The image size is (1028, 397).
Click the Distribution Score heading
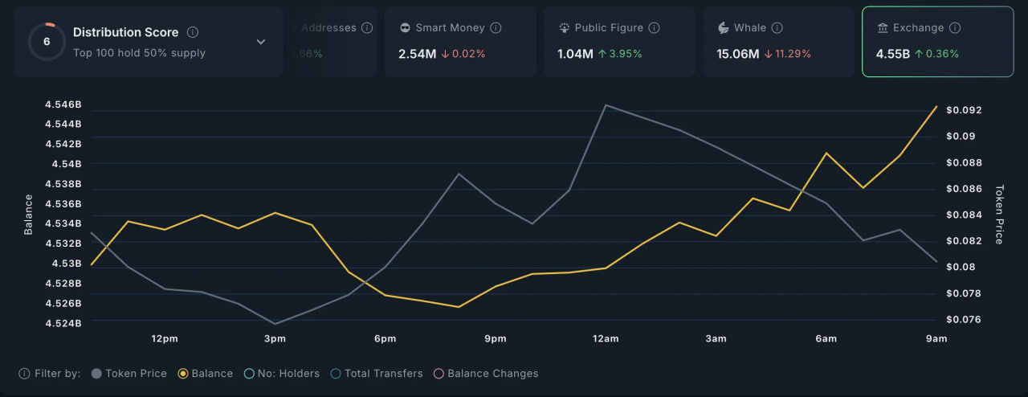click(125, 32)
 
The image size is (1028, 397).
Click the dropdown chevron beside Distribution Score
click(261, 42)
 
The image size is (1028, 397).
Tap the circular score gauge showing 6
click(47, 42)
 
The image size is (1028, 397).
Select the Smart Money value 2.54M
click(418, 54)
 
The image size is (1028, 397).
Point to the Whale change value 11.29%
click(792, 54)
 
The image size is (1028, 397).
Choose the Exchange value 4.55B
click(893, 54)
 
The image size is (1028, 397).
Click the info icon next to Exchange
click(955, 27)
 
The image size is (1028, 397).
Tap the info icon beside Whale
click(777, 27)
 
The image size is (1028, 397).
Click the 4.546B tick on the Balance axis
click(64, 104)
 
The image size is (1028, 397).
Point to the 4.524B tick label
click(64, 323)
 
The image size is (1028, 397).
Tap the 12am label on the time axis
click(606, 338)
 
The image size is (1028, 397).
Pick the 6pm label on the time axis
click(385, 338)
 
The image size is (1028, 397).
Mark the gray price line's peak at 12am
click(606, 105)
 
